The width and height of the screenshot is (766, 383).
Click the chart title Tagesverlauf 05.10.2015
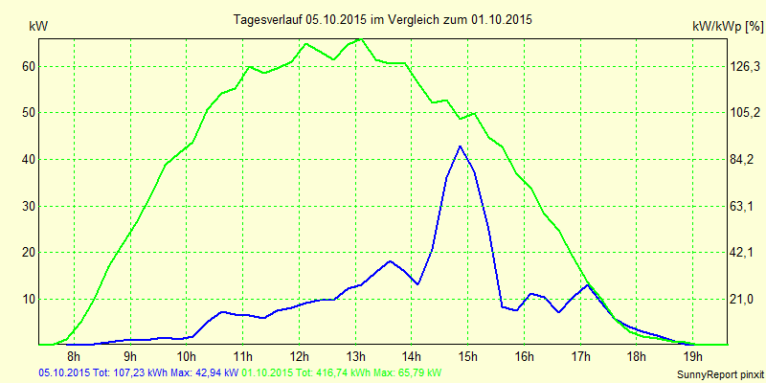[383, 18]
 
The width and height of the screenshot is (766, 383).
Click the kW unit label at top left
[38, 28]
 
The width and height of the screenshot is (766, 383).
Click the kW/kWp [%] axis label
[727, 28]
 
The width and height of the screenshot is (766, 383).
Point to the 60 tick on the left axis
[29, 66]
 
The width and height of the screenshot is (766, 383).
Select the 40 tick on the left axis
[29, 159]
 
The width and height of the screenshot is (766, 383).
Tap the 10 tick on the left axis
[29, 299]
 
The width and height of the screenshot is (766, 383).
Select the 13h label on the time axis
[356, 357]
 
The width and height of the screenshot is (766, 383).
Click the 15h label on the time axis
[468, 357]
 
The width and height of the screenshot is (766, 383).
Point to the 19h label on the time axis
[693, 357]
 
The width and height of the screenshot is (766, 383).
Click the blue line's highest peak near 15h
[461, 146]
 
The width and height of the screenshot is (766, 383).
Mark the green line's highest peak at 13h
[358, 39]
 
